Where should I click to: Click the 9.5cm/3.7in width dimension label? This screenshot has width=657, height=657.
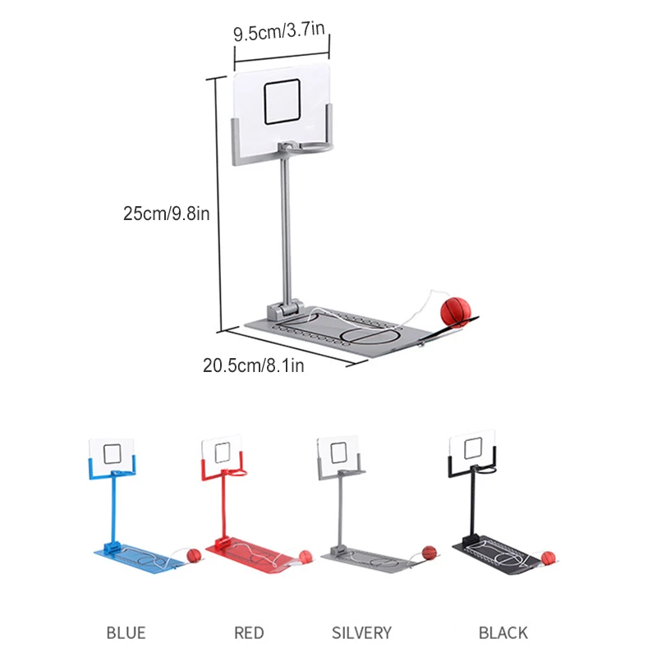pos(279,31)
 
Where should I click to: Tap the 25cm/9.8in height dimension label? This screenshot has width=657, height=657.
pos(167,214)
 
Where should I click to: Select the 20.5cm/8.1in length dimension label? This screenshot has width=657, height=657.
pos(254,365)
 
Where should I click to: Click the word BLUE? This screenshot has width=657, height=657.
pos(126,632)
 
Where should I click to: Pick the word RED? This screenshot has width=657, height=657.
pos(249,632)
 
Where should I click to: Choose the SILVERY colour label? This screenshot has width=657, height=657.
pos(361,632)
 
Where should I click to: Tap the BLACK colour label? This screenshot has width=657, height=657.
pos(503,632)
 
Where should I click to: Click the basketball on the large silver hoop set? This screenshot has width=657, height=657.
pos(456,312)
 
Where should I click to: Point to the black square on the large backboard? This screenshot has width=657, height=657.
pos(283,102)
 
